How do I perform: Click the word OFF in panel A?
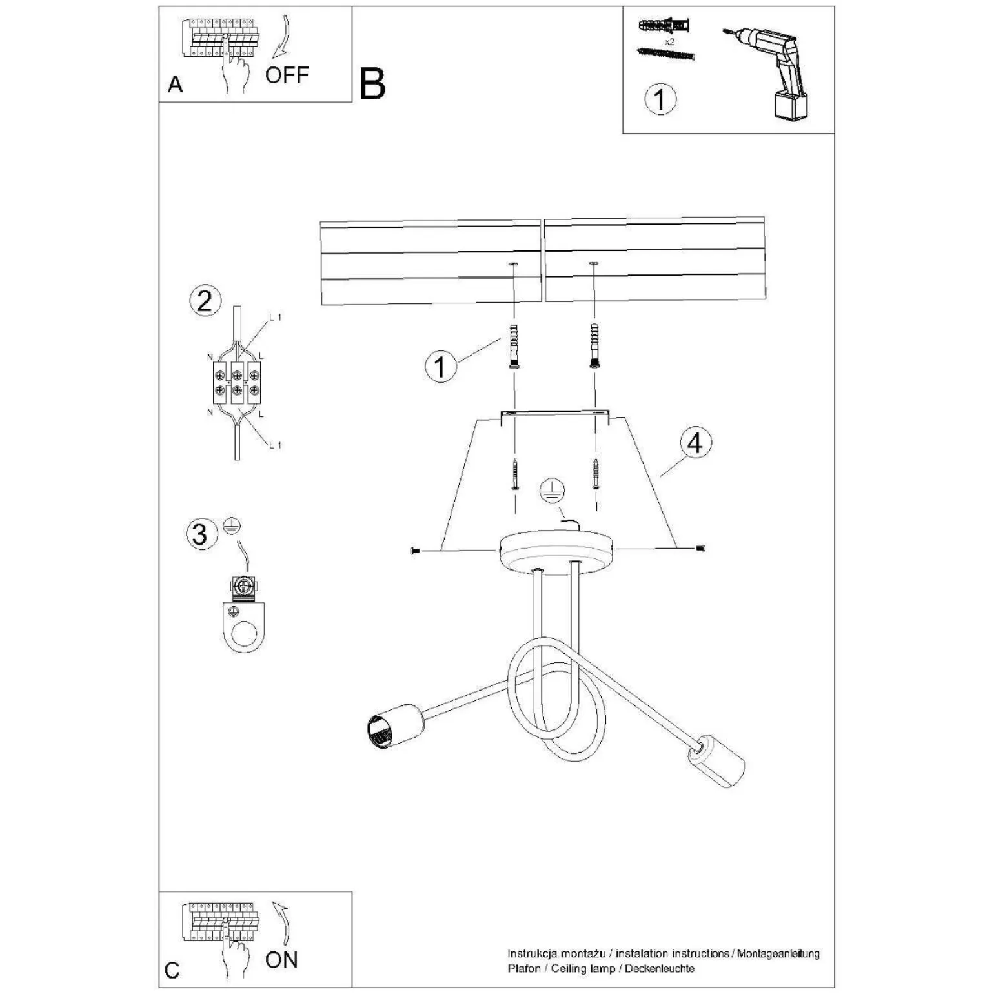(287, 75)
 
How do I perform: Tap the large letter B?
(372, 85)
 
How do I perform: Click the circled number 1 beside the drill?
(660, 99)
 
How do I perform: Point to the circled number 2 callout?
(205, 301)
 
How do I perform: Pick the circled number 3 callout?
(200, 534)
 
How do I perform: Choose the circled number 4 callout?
(695, 443)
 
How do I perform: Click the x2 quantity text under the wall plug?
(669, 41)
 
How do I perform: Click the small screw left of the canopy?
(415, 551)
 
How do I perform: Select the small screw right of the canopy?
(701, 548)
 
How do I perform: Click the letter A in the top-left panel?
(175, 85)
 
